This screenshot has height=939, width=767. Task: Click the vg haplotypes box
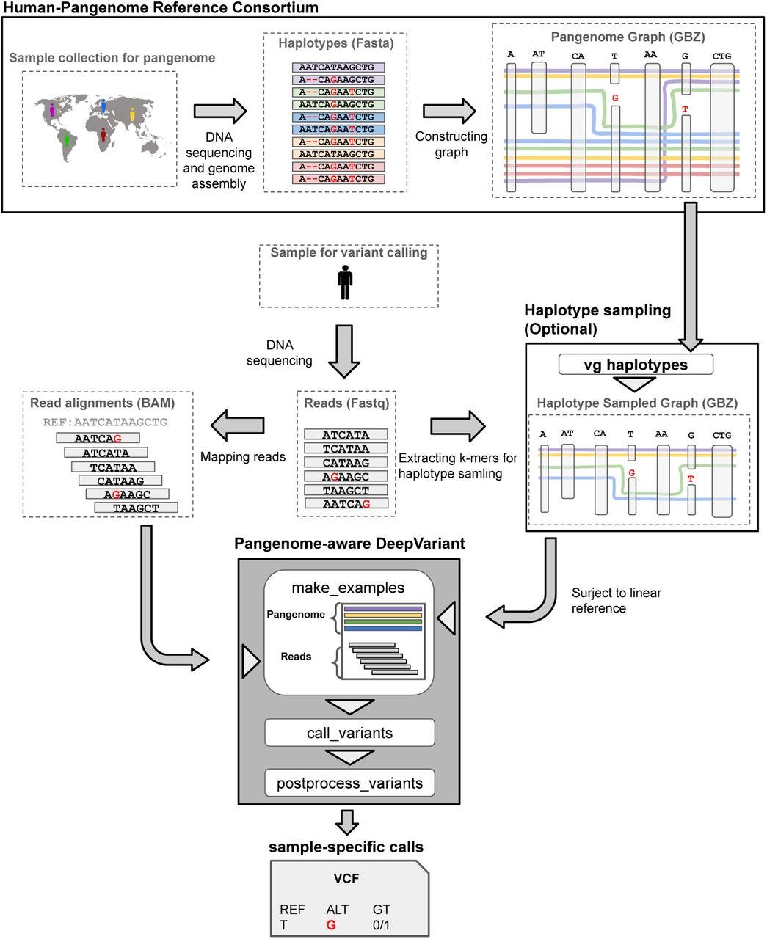(635, 364)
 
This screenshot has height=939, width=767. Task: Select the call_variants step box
(349, 732)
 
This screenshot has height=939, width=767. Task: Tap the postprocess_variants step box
(349, 783)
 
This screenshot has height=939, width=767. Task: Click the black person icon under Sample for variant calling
(345, 282)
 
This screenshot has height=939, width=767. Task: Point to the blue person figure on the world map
(103, 106)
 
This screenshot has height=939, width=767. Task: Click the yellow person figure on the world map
(132, 114)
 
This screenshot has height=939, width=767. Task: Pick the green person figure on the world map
(67, 139)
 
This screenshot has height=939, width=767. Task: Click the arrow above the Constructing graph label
(449, 111)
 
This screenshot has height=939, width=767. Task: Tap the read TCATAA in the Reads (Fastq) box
(346, 448)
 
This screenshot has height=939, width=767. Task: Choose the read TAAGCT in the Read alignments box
(136, 508)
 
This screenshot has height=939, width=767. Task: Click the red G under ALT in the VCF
(331, 925)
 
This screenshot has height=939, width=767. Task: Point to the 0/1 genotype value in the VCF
(381, 925)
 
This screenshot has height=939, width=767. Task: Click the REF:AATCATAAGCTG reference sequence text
(105, 422)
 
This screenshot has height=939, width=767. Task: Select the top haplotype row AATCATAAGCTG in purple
(338, 67)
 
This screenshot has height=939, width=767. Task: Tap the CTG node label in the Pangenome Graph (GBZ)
(721, 56)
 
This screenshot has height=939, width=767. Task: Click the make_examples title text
(348, 588)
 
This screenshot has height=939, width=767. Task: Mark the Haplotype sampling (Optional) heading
(597, 319)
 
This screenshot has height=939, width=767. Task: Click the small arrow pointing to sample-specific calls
(347, 822)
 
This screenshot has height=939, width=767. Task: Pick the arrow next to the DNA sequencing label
(344, 351)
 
